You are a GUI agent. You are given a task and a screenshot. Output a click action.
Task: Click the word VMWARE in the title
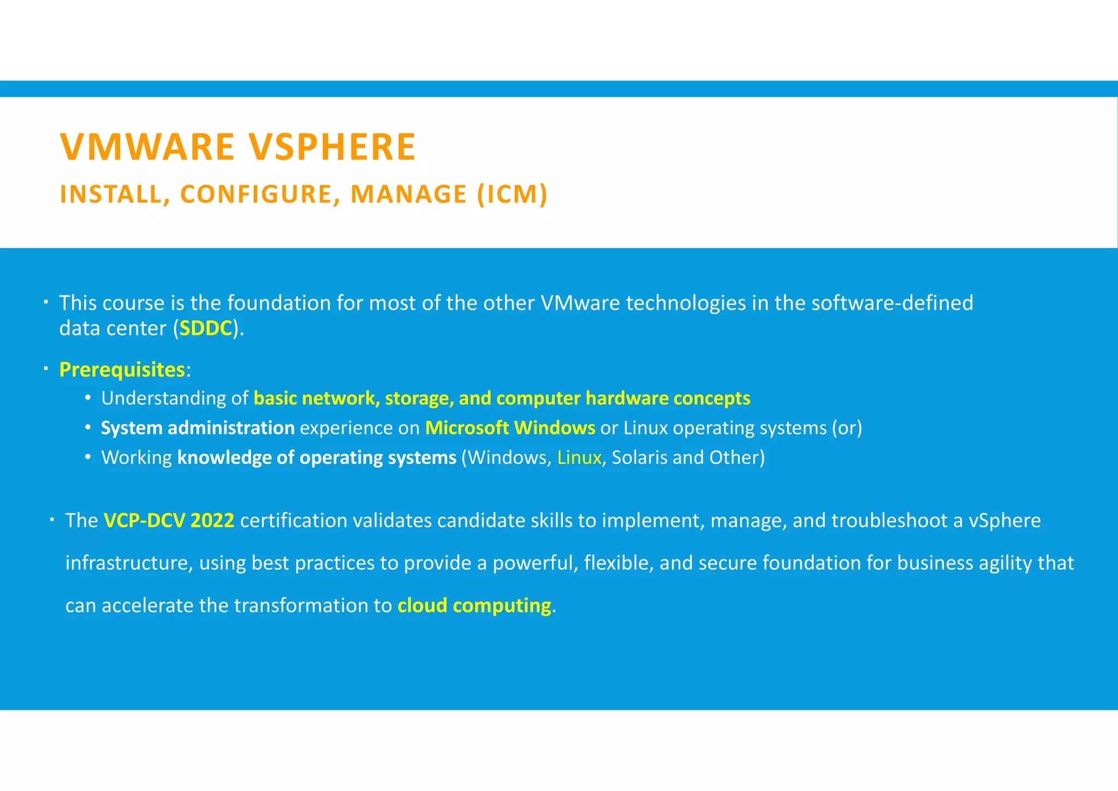coord(147,147)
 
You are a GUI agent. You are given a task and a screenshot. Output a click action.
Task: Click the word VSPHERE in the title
coord(332,147)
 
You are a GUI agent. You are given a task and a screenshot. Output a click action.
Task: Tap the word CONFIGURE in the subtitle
coord(256,194)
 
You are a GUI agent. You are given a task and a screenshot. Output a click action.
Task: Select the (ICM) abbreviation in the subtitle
coord(512,194)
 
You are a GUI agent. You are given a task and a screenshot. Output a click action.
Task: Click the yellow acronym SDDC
coord(206,328)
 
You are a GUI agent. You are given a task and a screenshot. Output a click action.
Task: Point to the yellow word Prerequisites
coord(122,370)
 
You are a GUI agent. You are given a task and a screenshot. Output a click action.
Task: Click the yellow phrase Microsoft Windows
coord(510,428)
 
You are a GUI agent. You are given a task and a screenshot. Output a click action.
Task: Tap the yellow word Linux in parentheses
coord(579,457)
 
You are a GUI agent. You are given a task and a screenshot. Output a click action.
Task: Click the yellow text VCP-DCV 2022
coord(169,521)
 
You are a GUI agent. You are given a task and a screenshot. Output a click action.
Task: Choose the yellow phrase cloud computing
coord(474,605)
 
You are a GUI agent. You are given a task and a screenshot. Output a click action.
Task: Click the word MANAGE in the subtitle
coord(408,194)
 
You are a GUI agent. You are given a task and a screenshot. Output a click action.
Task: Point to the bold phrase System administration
coord(198,428)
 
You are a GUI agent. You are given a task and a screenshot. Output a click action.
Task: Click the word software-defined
coord(892,303)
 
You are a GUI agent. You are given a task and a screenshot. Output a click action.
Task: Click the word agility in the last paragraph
coord(1005,563)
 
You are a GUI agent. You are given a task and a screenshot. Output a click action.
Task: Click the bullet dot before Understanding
coord(88,399)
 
